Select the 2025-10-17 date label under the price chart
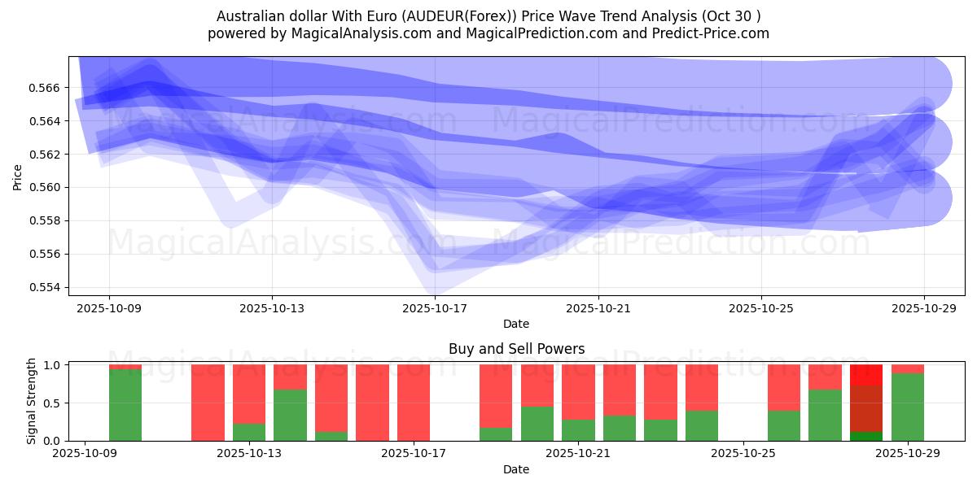tap(435, 308)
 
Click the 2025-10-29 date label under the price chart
tap(923, 308)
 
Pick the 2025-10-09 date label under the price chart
tap(109, 308)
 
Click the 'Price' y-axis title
tap(18, 176)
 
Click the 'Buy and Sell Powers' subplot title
tap(516, 349)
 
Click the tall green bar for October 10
tap(125, 405)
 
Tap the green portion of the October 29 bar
tap(908, 407)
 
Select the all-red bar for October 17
tap(414, 403)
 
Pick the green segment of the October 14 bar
tap(290, 415)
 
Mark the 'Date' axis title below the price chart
tap(516, 324)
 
